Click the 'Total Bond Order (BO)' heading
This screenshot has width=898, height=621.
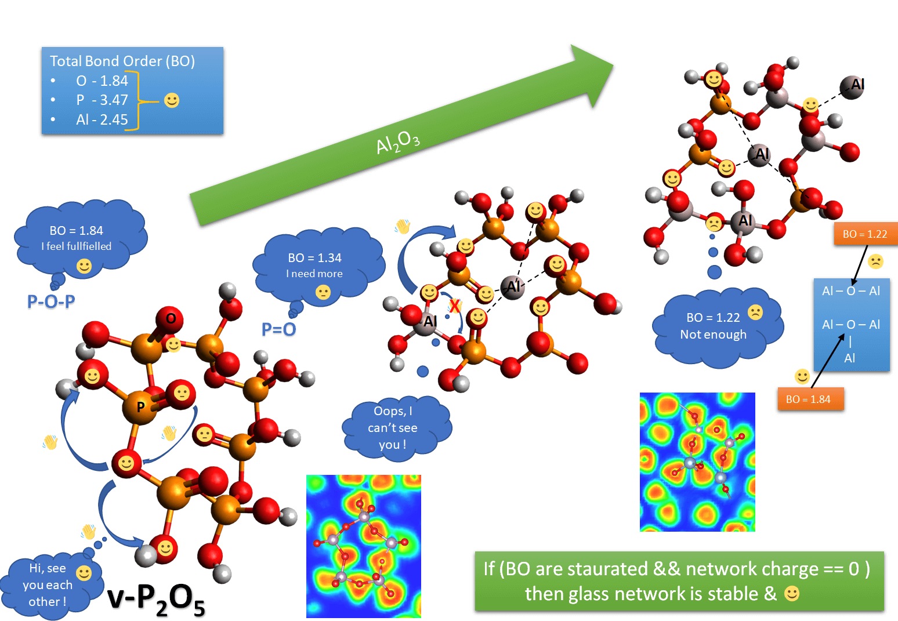tap(122, 61)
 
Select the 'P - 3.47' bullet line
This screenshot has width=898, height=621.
tap(102, 100)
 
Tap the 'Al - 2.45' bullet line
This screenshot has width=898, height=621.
tap(102, 119)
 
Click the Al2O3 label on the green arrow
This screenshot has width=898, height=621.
tap(398, 141)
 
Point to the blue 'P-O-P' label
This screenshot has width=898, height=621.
tap(51, 302)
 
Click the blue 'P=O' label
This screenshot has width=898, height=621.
tap(278, 329)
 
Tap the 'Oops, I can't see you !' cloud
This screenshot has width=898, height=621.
tap(393, 428)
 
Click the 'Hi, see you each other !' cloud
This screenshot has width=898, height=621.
tap(49, 584)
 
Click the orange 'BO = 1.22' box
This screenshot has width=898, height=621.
tap(865, 234)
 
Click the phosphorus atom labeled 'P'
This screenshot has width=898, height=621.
tap(140, 407)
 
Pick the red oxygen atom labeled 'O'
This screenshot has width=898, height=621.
tap(171, 318)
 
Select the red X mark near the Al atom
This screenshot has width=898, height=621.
tap(455, 306)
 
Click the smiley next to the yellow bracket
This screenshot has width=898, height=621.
tap(172, 100)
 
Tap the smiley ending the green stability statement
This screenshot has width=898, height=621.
tap(791, 593)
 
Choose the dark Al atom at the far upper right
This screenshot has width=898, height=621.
tap(853, 86)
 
